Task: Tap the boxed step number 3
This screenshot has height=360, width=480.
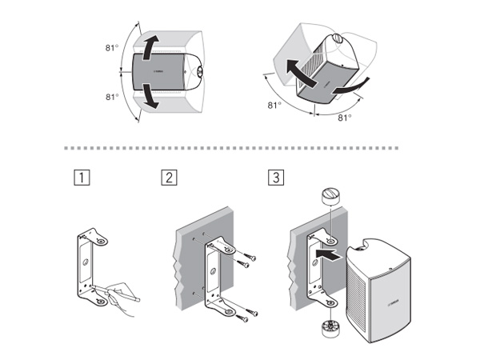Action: [276, 178]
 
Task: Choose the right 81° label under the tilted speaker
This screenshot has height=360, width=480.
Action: [344, 118]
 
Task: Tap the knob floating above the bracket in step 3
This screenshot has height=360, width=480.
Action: [331, 198]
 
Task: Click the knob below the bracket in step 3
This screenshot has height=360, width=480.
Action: [329, 328]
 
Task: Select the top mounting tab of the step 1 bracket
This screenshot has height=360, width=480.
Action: [99, 238]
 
